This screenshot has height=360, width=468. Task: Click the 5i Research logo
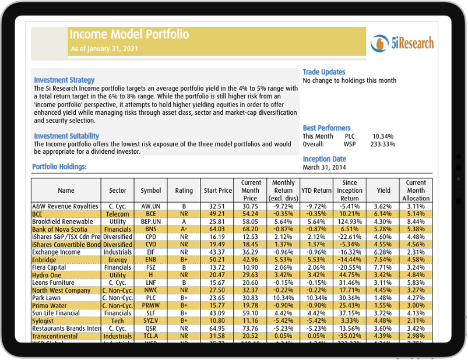point(402,43)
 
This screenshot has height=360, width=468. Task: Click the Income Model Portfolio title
point(129,34)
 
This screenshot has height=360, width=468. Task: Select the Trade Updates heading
point(324,72)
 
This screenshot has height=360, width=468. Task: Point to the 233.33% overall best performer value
point(383,144)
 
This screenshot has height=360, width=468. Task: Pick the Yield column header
point(383,190)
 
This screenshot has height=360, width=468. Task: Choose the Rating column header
point(184,190)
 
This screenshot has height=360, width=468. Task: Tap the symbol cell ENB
point(151,259)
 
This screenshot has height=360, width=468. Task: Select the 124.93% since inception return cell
point(350,222)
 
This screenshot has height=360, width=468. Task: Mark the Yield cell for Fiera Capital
point(383,267)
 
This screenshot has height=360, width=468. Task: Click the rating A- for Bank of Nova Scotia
point(184,230)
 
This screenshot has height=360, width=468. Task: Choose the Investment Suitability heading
point(66,136)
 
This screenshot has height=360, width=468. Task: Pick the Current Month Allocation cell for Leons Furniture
point(416,282)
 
